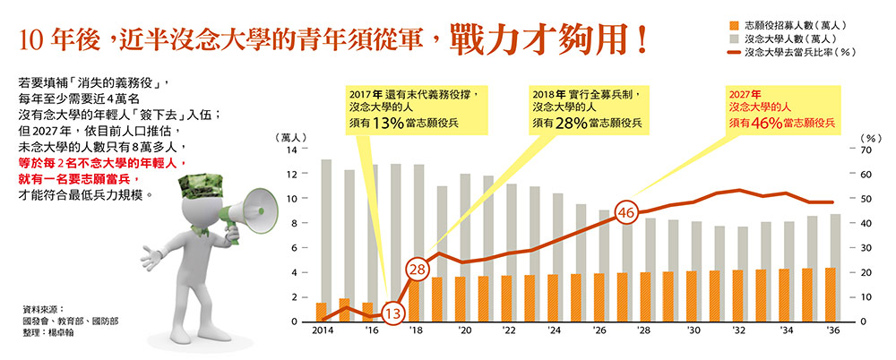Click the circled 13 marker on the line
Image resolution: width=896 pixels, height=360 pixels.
[392, 313]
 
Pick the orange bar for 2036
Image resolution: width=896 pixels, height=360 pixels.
[831, 295]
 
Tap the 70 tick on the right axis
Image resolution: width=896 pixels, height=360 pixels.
[866, 150]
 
